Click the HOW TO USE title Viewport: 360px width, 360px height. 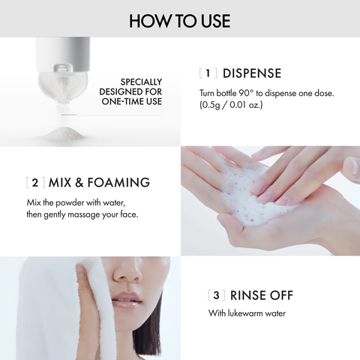pos(179,20)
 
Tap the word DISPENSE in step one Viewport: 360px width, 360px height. pos(251,73)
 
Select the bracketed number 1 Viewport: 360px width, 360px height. pos(209,73)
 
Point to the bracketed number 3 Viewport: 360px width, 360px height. pos(216,295)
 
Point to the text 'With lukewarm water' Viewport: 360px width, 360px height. pos(246,313)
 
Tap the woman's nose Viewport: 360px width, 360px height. pos(127,281)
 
